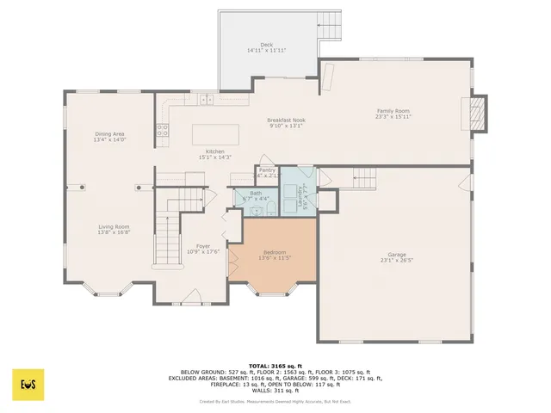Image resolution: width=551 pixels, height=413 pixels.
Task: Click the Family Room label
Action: pos(393,110)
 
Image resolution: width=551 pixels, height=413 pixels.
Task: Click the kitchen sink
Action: pos(207,100)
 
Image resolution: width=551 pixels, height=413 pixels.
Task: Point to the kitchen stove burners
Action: pos(161,131)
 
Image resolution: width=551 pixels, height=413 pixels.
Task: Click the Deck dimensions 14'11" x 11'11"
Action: pos(266,51)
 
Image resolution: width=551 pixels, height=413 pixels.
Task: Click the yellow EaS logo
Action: pos(28,382)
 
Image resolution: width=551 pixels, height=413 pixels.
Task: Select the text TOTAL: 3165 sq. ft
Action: pos(275,365)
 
